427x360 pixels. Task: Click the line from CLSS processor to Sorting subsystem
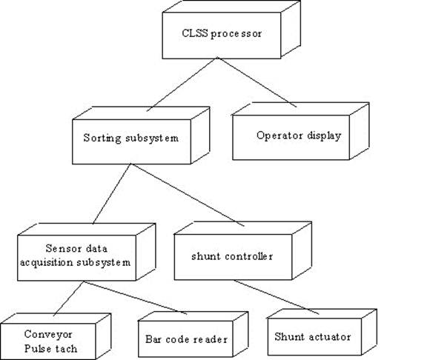click(182, 84)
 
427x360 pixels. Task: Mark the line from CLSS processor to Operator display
click(256, 82)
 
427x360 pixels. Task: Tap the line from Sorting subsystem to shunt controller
click(188, 195)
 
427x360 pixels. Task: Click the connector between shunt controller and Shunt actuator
click(277, 297)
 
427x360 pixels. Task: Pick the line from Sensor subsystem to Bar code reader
click(135, 298)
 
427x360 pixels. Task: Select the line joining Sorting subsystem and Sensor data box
click(112, 194)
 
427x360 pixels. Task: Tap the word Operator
click(276, 136)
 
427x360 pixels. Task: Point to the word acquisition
click(46, 263)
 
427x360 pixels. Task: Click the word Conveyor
click(48, 334)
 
